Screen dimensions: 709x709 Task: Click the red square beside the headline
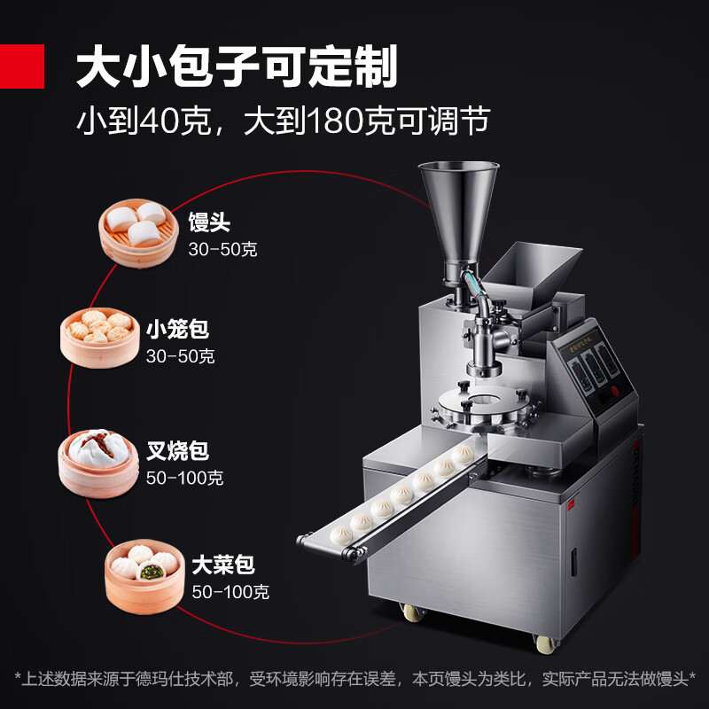click(x=22, y=66)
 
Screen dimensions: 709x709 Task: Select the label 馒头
click(x=209, y=222)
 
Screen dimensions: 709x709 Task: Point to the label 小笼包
click(x=177, y=331)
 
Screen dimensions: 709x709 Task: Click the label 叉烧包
click(x=177, y=451)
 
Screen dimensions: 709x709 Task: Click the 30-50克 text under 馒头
click(x=222, y=249)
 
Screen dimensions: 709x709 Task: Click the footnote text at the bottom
click(x=354, y=679)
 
